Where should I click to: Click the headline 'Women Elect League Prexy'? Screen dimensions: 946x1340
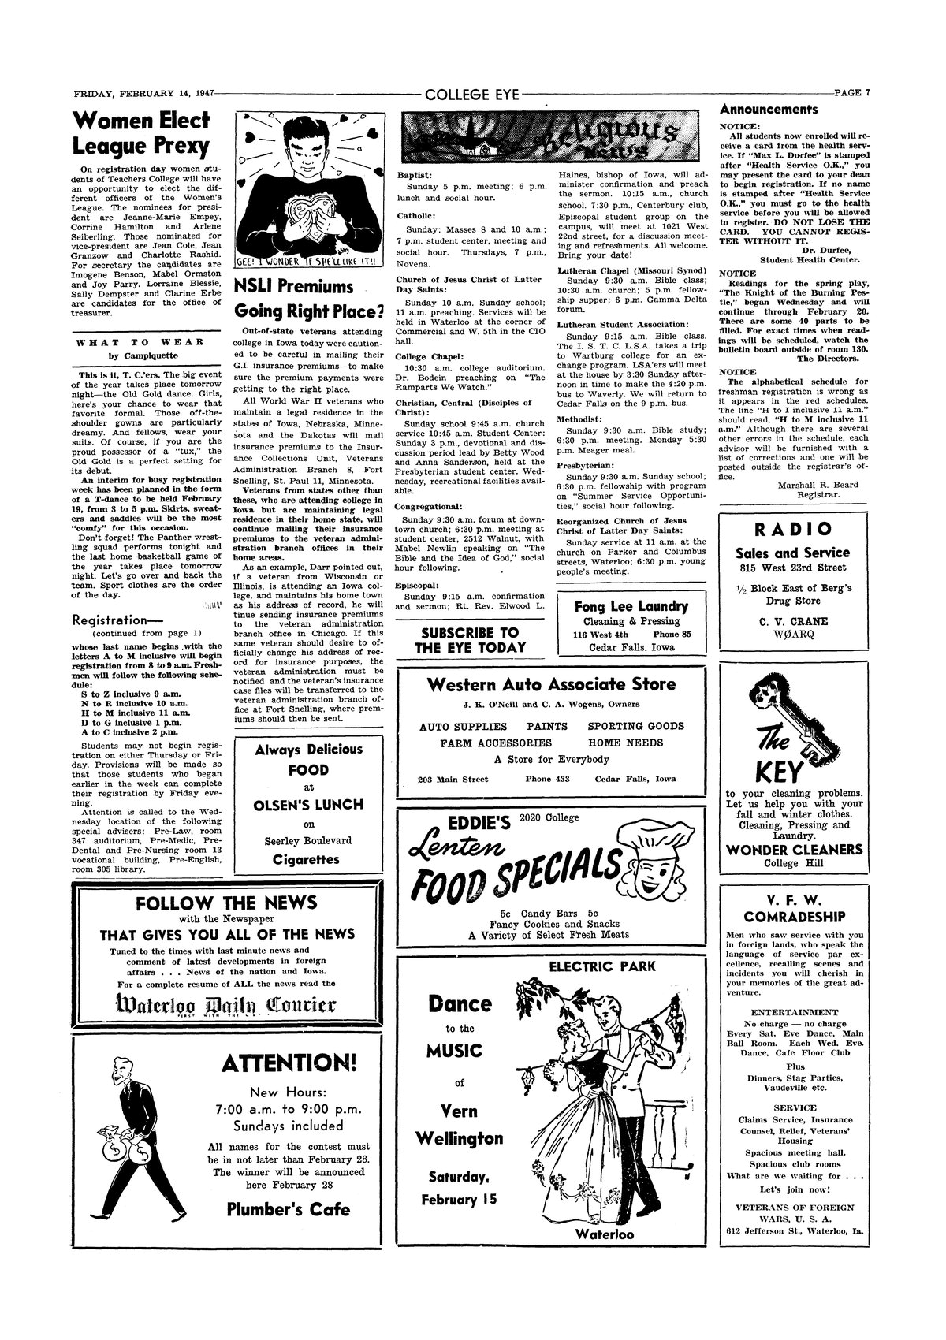[x=141, y=133]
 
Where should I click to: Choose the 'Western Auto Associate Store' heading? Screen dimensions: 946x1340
[x=551, y=684]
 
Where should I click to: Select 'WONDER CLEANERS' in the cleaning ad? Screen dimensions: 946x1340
[x=794, y=850]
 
